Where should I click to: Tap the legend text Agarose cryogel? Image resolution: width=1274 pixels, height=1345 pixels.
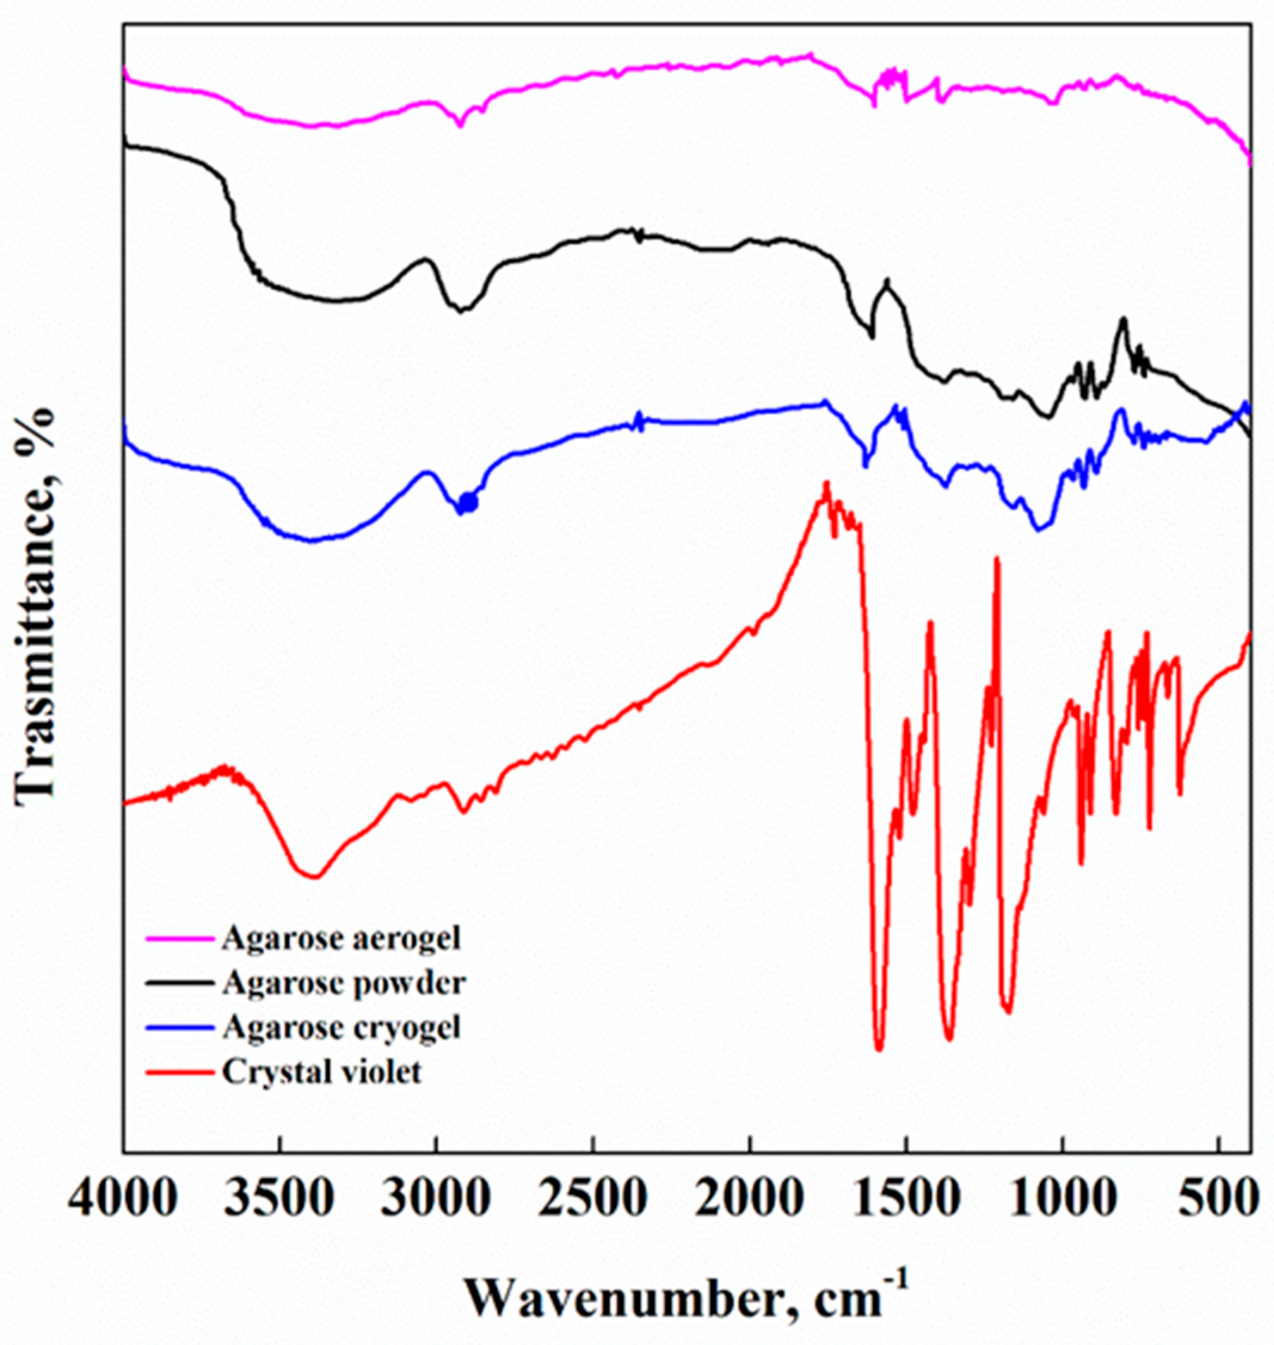pos(341,1028)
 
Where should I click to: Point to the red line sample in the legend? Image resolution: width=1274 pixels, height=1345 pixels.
pos(178,1073)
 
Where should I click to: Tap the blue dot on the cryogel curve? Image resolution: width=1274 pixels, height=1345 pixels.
pos(469,503)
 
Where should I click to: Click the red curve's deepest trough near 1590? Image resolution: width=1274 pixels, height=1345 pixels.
pos(879,1049)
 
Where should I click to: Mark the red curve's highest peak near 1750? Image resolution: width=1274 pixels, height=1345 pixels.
pos(826,483)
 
